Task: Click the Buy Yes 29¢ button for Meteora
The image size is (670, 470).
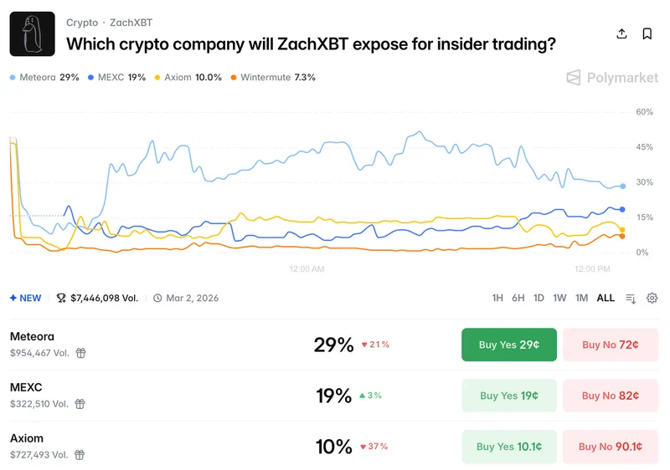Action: coord(508,345)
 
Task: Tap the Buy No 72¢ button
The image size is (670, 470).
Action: coord(610,345)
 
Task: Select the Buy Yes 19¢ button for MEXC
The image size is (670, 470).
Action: coord(508,396)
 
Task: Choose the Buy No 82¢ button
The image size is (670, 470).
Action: coord(610,396)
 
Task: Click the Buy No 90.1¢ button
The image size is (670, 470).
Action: coord(610,447)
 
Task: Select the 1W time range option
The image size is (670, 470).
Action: coord(559,298)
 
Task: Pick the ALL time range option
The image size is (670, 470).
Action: coord(606,298)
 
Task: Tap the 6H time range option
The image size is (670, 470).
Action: coord(518,298)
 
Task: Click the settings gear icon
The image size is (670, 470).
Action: coord(652,298)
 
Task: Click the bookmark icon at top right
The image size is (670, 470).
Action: coord(647,34)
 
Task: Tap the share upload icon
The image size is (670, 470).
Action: coord(621,34)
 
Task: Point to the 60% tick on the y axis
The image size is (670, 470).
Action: coord(644,112)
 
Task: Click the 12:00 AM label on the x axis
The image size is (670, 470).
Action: coord(307,269)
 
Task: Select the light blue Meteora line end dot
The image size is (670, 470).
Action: coord(622,186)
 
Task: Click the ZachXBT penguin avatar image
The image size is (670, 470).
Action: coord(32,34)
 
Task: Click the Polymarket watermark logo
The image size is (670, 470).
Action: coord(612,78)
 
